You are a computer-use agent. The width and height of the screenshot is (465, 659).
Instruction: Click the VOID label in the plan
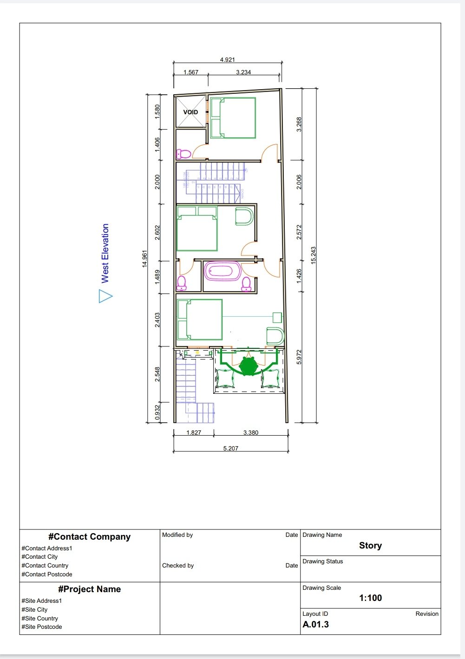click(x=190, y=112)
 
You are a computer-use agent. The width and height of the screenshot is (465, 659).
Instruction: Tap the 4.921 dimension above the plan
click(x=227, y=59)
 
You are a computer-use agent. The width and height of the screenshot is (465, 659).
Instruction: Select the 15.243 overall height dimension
click(x=314, y=255)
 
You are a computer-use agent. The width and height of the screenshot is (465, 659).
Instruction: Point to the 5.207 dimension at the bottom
click(x=230, y=448)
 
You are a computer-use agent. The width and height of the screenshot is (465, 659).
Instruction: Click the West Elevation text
click(x=105, y=253)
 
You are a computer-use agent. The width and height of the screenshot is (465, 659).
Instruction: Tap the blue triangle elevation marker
click(x=105, y=296)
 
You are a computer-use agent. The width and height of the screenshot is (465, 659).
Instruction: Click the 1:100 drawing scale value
click(x=370, y=598)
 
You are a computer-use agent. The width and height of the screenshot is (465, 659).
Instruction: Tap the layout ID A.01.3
click(x=316, y=624)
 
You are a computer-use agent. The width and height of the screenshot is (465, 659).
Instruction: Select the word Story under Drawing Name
click(x=370, y=545)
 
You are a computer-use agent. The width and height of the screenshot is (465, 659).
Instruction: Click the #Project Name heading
click(x=89, y=589)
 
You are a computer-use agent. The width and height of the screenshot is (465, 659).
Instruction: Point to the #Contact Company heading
click(x=89, y=536)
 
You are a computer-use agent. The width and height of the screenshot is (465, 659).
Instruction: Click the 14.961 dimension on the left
click(x=144, y=259)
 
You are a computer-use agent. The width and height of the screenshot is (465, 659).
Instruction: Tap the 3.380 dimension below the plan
click(x=251, y=432)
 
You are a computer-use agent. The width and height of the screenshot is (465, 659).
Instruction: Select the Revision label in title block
click(x=426, y=613)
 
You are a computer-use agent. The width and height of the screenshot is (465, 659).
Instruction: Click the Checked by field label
click(x=178, y=565)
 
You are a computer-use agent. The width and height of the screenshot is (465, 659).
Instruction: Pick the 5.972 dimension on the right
click(x=299, y=357)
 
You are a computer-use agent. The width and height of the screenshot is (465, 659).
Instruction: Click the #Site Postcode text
click(x=41, y=626)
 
